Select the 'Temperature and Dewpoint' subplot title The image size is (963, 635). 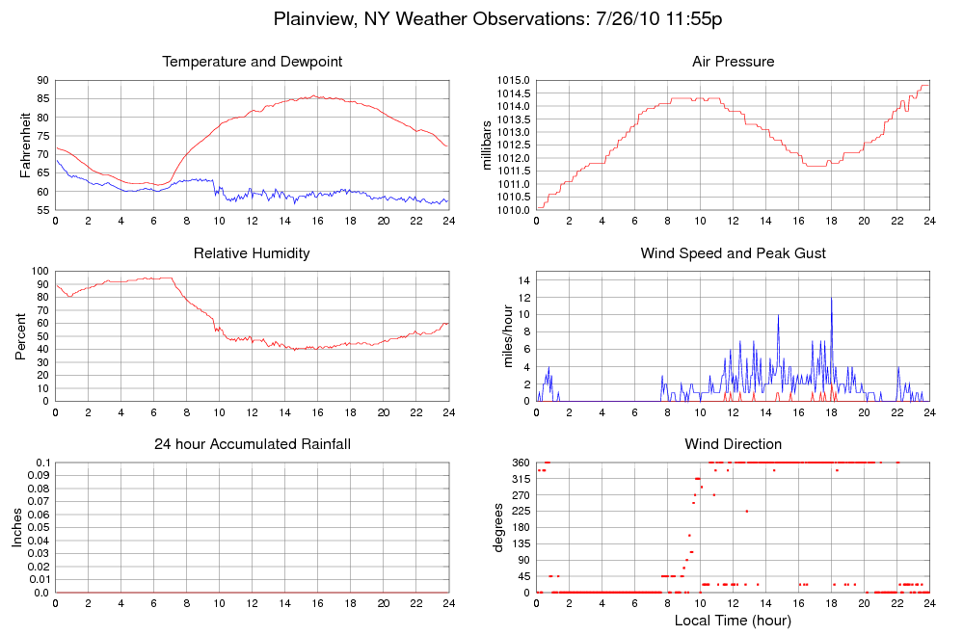tap(252, 63)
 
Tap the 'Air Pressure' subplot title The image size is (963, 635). tap(733, 63)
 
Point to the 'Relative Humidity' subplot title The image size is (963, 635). tap(252, 253)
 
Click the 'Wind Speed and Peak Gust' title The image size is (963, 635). tap(733, 253)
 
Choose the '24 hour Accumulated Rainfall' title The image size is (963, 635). tap(252, 444)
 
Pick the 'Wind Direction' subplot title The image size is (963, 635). tap(733, 444)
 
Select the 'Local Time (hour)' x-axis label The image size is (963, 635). tap(733, 621)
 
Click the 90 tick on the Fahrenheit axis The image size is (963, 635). tap(42, 80)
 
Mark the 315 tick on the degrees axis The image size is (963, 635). tap(522, 479)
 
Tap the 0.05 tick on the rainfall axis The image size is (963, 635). tap(38, 528)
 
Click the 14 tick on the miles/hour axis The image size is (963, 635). tap(523, 279)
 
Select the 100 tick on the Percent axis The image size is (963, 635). tap(40, 271)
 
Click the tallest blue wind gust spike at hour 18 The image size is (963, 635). tap(831, 299)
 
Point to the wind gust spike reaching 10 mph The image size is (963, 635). tap(778, 316)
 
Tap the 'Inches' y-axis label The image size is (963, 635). tap(17, 527)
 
